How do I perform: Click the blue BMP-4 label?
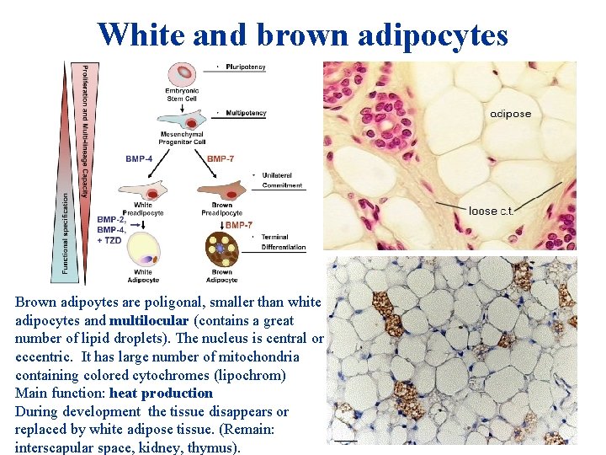[x=140, y=158]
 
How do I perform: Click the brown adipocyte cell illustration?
[x=221, y=251]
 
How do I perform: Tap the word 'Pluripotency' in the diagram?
[x=246, y=67]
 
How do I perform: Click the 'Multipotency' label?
[x=246, y=112]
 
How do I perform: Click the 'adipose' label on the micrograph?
[x=510, y=114]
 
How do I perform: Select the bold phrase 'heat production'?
[x=161, y=393]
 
